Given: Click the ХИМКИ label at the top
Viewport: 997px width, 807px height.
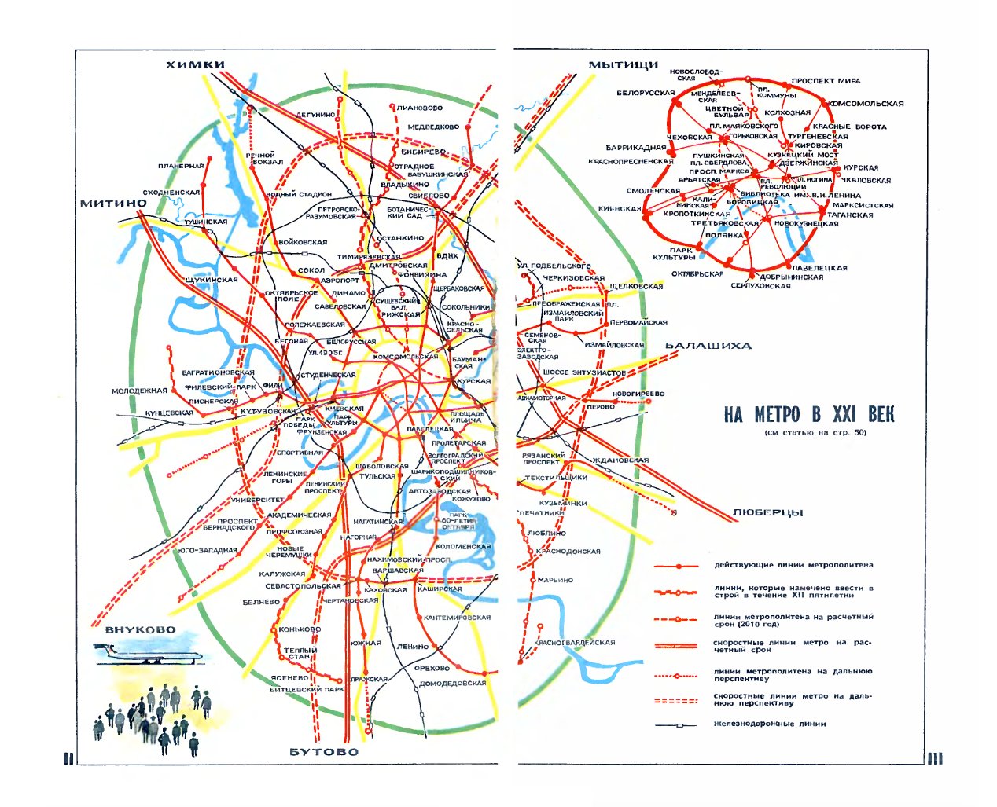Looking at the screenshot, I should (195, 64).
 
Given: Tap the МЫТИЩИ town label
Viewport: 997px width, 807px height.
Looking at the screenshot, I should (623, 64).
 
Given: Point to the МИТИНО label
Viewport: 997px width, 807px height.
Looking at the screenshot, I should (113, 204).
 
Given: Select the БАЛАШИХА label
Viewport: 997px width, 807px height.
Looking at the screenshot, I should (708, 346).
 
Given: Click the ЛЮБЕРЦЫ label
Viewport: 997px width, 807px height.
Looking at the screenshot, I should (767, 512).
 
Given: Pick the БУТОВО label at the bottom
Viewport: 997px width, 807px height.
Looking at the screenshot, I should (324, 752).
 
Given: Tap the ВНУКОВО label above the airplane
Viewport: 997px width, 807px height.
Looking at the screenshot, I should (140, 629).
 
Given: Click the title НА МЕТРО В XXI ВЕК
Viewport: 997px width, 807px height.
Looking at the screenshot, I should (809, 415).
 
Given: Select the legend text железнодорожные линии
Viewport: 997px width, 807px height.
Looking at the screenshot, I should (770, 724).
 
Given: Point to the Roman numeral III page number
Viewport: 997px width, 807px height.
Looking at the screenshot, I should (934, 758).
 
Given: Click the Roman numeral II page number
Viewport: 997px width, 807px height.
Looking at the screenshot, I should (68, 758).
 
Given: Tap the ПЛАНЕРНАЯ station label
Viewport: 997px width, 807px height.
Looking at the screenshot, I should (181, 166).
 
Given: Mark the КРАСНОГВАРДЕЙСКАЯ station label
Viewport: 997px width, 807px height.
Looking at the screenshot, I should (574, 643).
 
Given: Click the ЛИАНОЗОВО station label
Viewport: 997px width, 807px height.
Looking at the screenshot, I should (420, 108).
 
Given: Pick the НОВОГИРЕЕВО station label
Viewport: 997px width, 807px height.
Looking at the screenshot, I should (638, 394).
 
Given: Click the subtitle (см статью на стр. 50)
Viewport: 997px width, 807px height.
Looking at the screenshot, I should (815, 432).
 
